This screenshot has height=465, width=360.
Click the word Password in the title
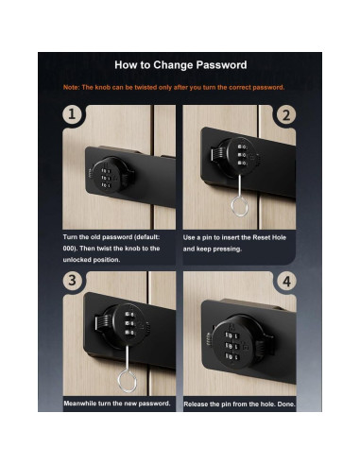(221, 65)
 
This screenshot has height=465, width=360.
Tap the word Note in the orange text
(71, 87)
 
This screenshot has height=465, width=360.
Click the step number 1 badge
(72, 114)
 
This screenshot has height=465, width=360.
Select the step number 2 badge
(286, 115)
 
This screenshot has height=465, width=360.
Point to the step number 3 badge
(72, 280)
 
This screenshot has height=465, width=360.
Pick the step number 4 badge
(286, 281)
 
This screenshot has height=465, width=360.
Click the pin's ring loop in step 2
(239, 206)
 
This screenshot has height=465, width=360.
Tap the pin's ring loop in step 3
(127, 381)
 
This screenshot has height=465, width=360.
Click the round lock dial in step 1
(109, 175)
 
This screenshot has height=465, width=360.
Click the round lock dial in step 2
(239, 157)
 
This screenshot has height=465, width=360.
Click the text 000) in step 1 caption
(70, 249)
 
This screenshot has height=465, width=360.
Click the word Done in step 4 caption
(286, 404)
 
